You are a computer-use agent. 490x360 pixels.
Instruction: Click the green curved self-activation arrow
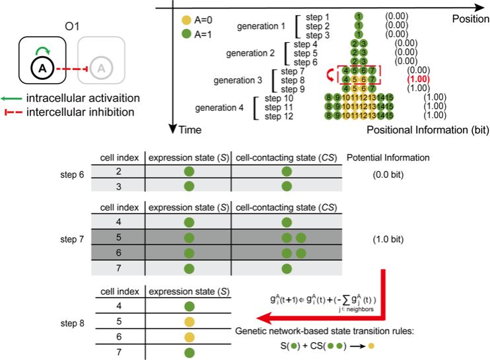[x=42, y=49]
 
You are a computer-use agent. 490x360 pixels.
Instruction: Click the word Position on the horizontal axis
[x=470, y=19]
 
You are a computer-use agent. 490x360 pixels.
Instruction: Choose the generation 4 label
[x=222, y=107]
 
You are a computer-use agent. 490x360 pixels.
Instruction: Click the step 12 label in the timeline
[x=279, y=116]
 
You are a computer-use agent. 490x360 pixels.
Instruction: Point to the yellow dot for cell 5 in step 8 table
[x=189, y=322]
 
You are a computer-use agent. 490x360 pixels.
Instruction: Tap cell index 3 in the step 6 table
[x=118, y=187]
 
